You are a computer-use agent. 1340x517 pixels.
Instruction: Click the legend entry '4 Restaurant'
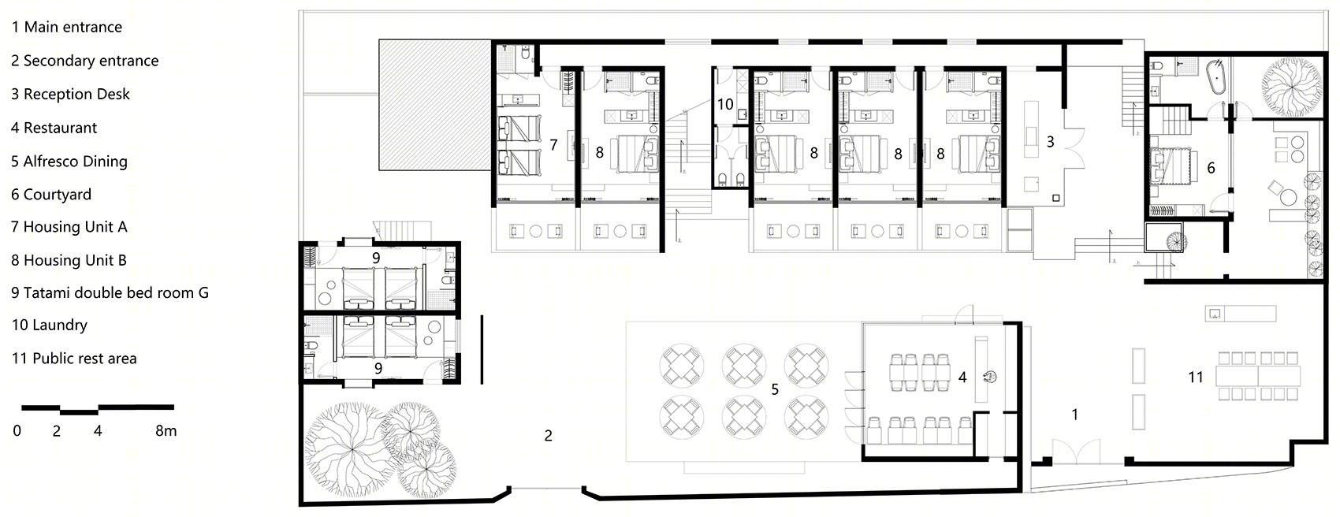coord(54,128)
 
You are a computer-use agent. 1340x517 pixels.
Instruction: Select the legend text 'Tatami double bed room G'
coord(116,292)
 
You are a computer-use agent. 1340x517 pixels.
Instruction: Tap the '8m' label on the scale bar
coord(166,431)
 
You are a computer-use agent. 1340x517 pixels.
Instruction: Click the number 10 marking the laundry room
coord(725,105)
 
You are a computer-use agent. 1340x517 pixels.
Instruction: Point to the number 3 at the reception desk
coord(1050,142)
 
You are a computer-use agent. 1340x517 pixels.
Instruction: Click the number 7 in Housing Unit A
coord(553,145)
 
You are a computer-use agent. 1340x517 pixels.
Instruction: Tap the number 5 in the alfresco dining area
coord(775,389)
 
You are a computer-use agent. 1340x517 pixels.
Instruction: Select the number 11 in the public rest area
coord(1195,377)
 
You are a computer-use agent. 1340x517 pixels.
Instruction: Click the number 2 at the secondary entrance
coord(548,436)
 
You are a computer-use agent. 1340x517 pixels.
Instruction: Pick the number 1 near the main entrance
coord(1075,414)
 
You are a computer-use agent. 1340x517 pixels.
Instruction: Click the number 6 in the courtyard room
coord(1211,168)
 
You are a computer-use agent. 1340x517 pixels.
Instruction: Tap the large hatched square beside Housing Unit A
coord(435,105)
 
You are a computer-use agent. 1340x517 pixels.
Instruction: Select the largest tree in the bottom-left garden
coord(351,449)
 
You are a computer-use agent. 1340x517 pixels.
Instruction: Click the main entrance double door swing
coord(1076,451)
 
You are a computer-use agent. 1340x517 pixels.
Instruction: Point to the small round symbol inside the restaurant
coord(989,377)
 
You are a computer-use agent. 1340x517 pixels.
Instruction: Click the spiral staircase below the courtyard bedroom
coord(1176,241)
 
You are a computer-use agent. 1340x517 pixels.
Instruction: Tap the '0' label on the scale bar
coord(17,431)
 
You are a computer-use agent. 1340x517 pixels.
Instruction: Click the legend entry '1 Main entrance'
coord(66,27)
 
